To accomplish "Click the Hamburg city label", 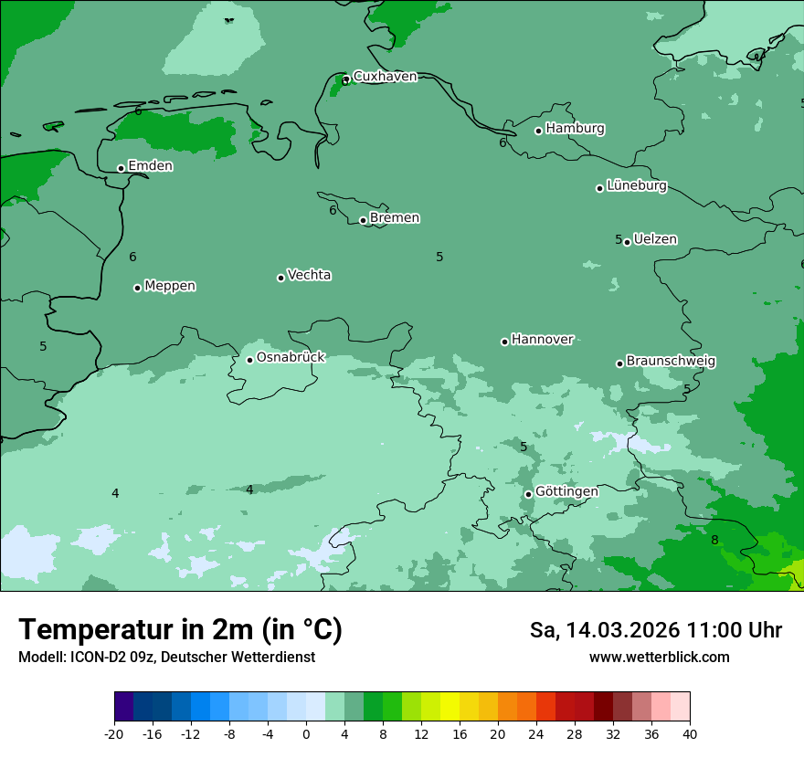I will pos(575,129).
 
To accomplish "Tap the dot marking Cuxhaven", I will pos(345,80).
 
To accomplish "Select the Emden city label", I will pos(150,166).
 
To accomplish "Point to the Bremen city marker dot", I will pos(363,220).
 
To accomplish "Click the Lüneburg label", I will pos(637,186).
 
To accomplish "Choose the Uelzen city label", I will pos(655,240).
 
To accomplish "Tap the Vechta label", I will pos(309,275).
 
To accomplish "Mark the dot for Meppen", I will pos(137,288).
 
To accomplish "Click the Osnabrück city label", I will pos(291,358).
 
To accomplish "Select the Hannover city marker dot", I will pos(504,342).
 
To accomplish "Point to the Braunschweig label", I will pos(671,362).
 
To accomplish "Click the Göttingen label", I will pos(566,492).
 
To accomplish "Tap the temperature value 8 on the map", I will pos(714,540).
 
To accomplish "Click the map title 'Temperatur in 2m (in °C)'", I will pos(180,630).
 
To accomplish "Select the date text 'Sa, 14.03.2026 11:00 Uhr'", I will pos(655,630).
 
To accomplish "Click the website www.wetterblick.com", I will pos(659,658).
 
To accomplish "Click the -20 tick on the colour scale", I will pos(114,734).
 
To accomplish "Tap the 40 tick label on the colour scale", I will pos(690,734).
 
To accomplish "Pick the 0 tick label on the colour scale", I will pos(306,734).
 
